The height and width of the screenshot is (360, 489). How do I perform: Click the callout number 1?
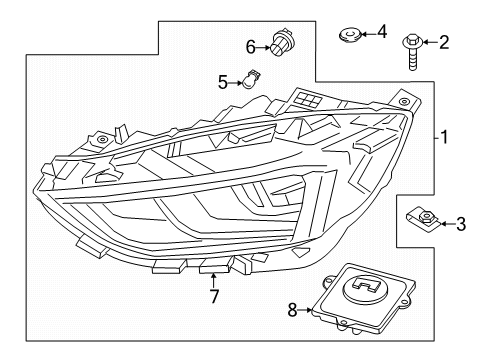click(444, 137)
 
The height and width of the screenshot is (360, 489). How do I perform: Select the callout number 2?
click(444, 43)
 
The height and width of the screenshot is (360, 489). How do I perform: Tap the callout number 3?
click(461, 224)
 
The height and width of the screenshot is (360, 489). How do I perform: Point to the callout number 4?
click(382, 32)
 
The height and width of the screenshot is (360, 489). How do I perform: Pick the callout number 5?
click(223, 82)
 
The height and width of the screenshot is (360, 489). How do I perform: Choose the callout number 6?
click(251, 47)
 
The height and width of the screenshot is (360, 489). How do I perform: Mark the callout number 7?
click(214, 296)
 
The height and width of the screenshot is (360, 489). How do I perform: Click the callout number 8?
click(292, 310)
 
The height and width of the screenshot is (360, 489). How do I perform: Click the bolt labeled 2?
click(413, 52)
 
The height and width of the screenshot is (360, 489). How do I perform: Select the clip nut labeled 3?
click(423, 219)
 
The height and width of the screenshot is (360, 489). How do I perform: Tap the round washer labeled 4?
click(349, 35)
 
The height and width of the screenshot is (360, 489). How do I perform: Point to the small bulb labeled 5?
click(250, 79)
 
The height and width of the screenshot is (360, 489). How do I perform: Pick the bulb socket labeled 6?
click(280, 43)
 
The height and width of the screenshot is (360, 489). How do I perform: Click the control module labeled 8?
click(364, 299)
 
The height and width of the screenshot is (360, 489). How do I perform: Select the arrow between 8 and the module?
click(305, 310)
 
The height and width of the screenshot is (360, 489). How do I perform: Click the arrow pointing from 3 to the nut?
click(448, 224)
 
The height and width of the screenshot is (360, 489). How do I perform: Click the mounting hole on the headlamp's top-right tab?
click(404, 101)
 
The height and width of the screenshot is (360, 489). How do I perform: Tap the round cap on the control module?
click(365, 288)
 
